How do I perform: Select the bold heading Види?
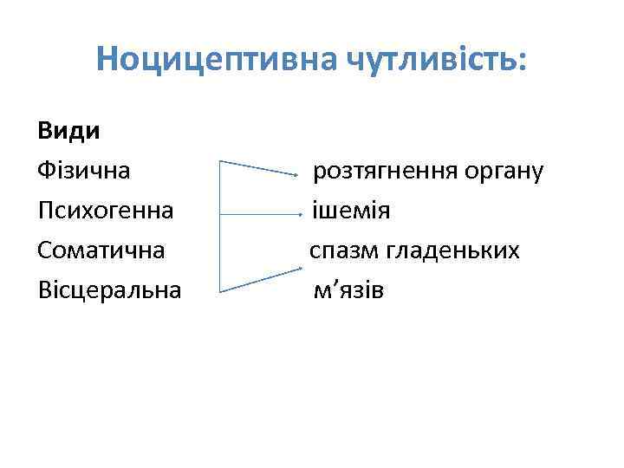(68, 132)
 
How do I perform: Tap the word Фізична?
(84, 171)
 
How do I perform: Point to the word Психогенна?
(106, 211)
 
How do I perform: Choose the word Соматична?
(101, 250)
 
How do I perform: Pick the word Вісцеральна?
(110, 290)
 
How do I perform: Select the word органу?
(504, 172)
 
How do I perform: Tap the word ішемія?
(351, 211)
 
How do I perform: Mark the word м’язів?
(348, 290)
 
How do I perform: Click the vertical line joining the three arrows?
(219, 225)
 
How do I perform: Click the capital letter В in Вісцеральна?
(45, 290)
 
